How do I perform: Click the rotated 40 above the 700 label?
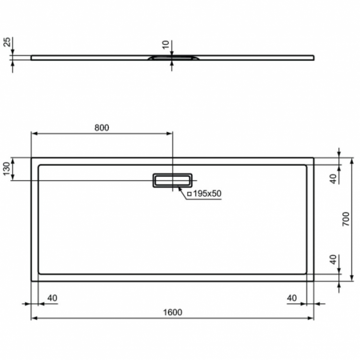334,179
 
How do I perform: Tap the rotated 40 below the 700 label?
334,262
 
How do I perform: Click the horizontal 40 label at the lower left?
53,298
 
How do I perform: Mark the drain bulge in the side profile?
171,58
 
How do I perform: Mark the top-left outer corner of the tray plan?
32,156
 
